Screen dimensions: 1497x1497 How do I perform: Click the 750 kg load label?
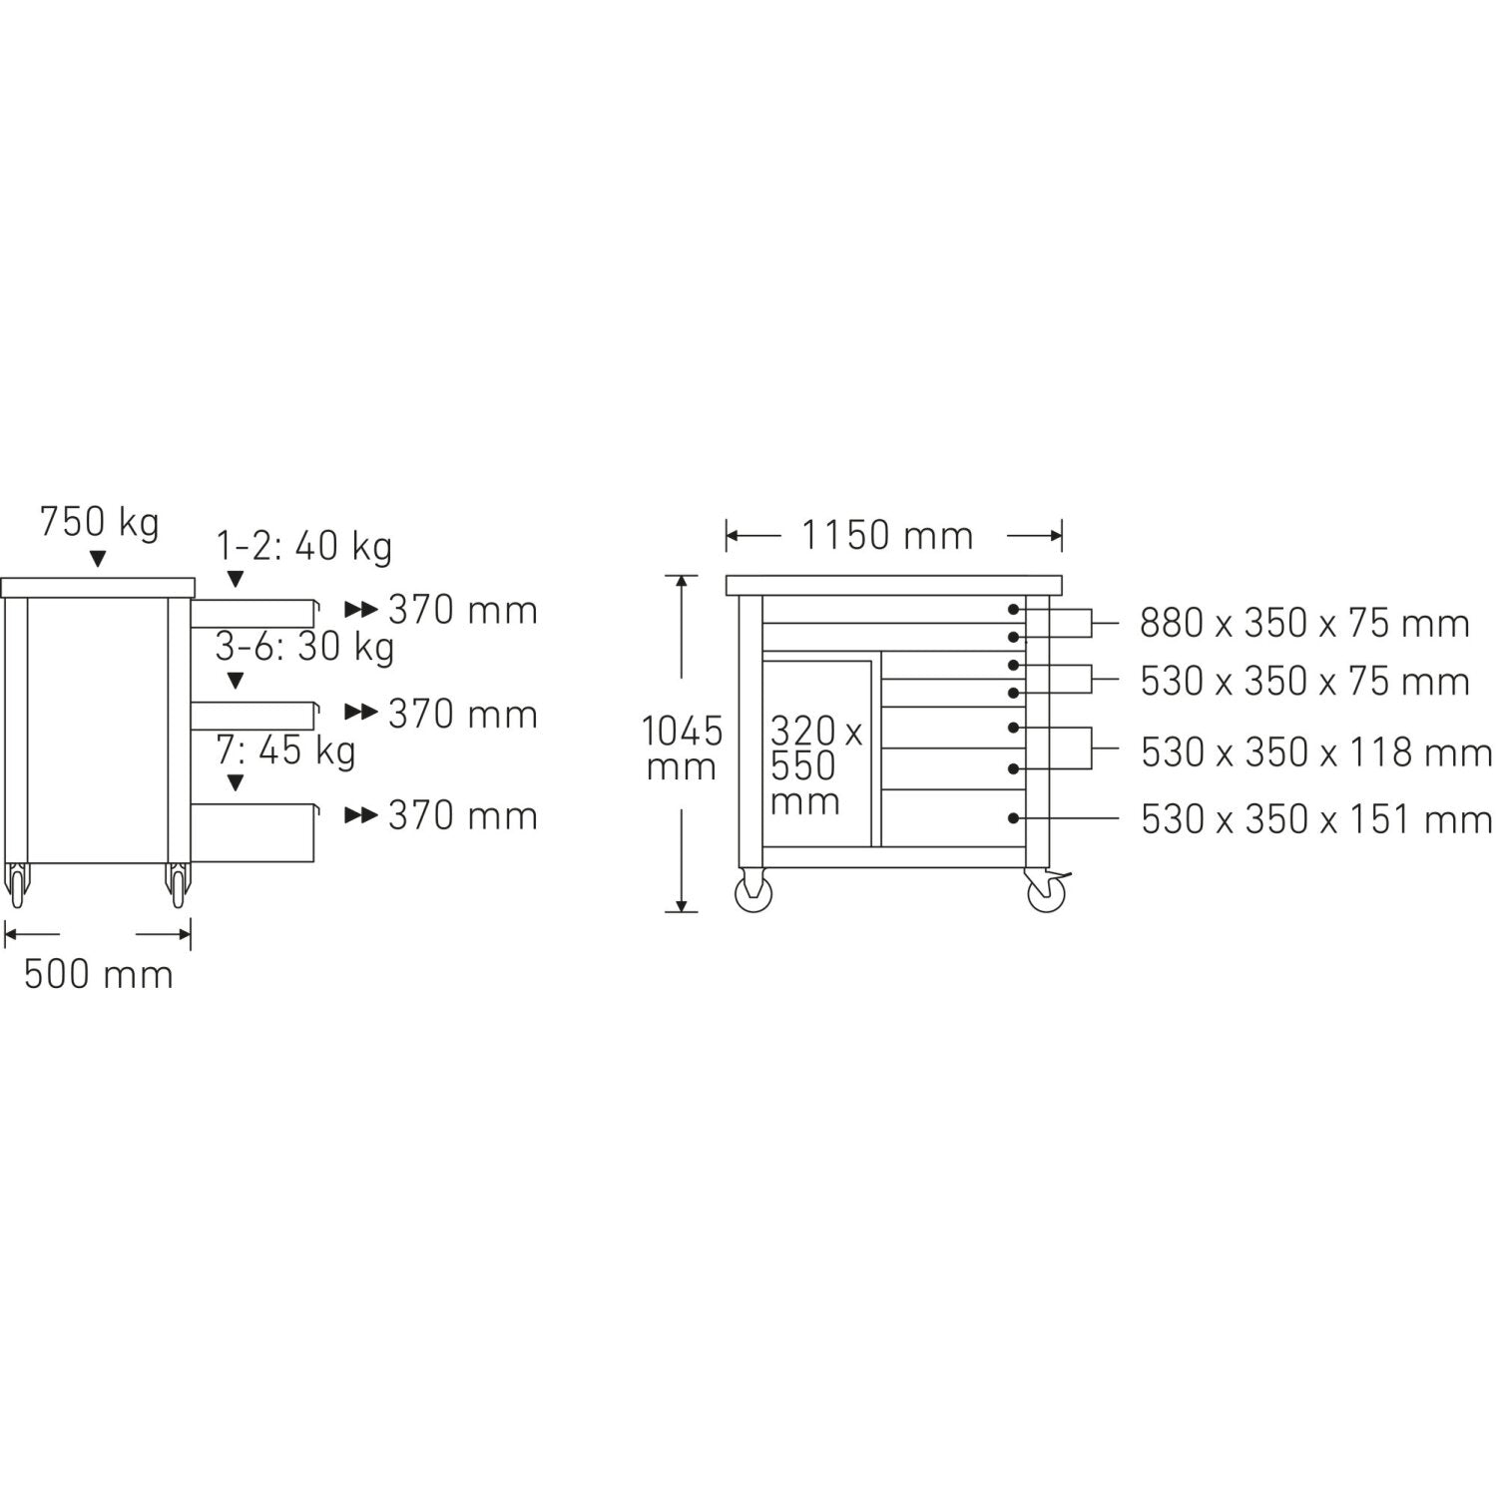tap(99, 523)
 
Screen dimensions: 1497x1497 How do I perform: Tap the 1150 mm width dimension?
tap(887, 536)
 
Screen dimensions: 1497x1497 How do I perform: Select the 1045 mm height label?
tap(681, 748)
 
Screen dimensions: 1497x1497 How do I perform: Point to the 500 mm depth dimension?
tap(99, 974)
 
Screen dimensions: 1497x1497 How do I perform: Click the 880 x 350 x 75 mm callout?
tap(1304, 624)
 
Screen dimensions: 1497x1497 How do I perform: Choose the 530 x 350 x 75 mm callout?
tap(1304, 682)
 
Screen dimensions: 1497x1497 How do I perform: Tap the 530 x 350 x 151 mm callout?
tap(1316, 819)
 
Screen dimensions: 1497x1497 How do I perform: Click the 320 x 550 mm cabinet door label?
tap(816, 766)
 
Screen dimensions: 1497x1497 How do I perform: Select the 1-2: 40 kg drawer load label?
tap(304, 547)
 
